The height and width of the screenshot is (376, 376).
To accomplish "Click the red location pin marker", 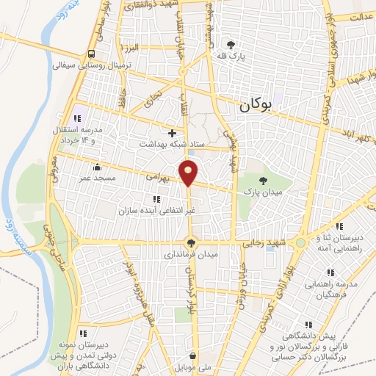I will click(189, 172).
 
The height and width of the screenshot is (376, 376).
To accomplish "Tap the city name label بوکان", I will click(255, 105).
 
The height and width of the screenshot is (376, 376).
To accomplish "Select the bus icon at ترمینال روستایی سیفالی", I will click(91, 54).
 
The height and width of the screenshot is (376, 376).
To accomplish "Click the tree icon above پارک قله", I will click(231, 44).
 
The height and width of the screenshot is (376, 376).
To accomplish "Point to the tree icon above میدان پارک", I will click(264, 178).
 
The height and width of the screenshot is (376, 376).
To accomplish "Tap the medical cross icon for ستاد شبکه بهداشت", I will click(172, 133).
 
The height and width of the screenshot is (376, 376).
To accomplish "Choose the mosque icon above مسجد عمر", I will click(97, 167).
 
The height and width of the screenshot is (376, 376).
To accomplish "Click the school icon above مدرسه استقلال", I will click(76, 118).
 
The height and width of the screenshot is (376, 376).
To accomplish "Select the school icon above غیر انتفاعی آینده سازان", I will click(155, 198).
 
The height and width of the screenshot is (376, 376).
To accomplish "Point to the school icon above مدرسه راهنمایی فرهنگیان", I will click(338, 272).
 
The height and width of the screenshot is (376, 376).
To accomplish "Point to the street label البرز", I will click(131, 48).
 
